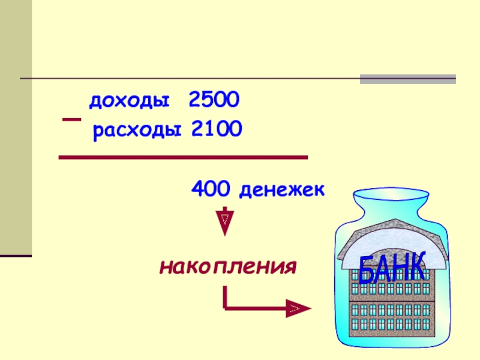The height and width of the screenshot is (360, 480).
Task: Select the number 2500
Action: pyautogui.click(x=214, y=100)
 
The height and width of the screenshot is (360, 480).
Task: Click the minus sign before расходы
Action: pyautogui.click(x=71, y=121)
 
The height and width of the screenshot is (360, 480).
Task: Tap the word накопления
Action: pyautogui.click(x=229, y=264)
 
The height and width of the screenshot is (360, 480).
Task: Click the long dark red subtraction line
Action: pyautogui.click(x=182, y=157)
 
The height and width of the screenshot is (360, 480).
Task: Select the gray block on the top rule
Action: pyautogui.click(x=407, y=79)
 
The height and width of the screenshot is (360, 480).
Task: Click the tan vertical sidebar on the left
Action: pyautogui.click(x=16, y=126)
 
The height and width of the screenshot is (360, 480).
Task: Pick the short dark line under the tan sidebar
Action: pyautogui.click(x=16, y=256)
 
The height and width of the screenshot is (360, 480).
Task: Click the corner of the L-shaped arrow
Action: pyautogui.click(x=226, y=308)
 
